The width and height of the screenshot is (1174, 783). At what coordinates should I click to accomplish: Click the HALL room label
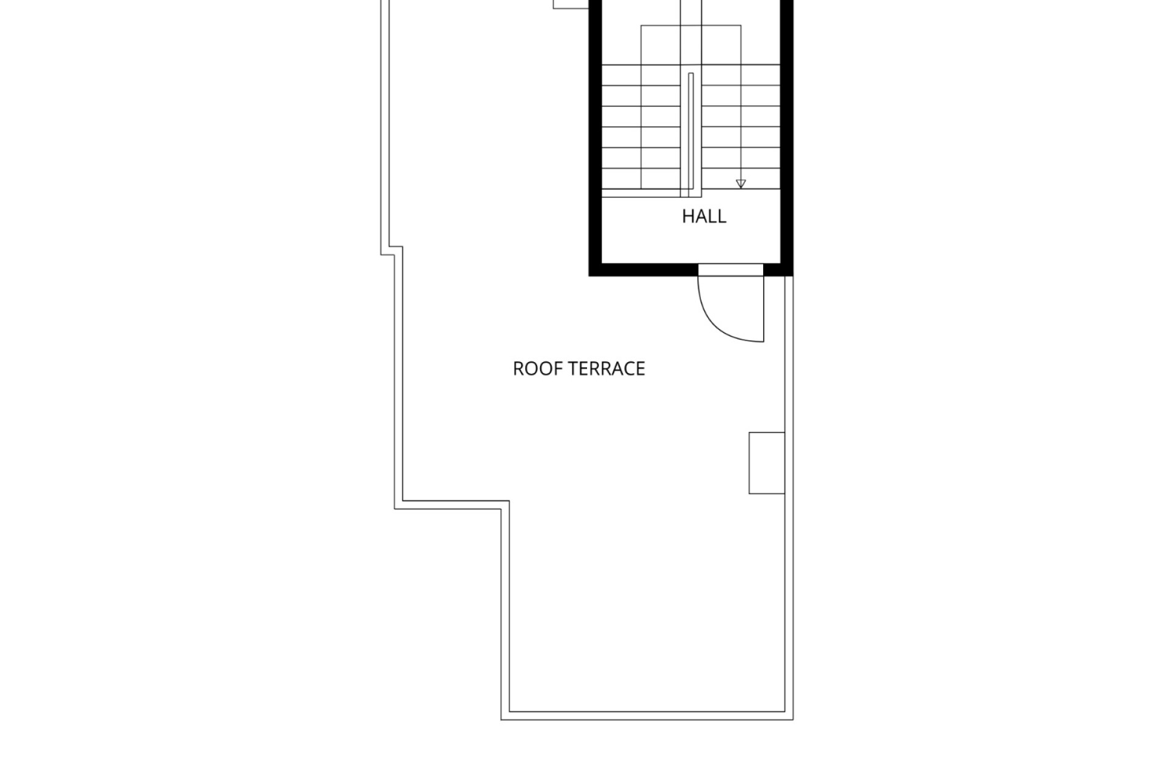pyautogui.click(x=704, y=217)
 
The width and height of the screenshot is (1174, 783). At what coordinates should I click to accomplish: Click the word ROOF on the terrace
pyautogui.click(x=531, y=369)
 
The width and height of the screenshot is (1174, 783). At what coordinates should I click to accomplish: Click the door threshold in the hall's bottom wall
pyautogui.click(x=731, y=270)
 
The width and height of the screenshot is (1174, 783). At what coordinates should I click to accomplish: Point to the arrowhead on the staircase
pyautogui.click(x=741, y=184)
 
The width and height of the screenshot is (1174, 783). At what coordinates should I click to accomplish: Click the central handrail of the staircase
pyautogui.click(x=691, y=135)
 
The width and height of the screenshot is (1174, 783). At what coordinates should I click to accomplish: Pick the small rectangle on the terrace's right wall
pyautogui.click(x=767, y=463)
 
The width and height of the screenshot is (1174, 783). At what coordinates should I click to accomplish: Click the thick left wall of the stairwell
pyautogui.click(x=596, y=138)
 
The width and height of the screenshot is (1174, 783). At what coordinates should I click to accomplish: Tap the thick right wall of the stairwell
pyautogui.click(x=787, y=138)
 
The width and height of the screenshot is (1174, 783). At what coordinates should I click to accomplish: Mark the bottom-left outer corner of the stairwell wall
pyautogui.click(x=589, y=275)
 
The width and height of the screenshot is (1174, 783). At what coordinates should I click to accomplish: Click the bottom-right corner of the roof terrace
pyautogui.click(x=793, y=719)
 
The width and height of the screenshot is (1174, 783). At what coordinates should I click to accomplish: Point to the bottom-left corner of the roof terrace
pyautogui.click(x=501, y=719)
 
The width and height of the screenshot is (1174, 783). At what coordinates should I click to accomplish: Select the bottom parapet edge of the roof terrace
pyautogui.click(x=647, y=716)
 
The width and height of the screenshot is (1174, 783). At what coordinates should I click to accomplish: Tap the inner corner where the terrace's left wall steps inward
pyautogui.click(x=509, y=501)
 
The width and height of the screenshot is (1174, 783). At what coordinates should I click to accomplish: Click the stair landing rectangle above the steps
pyautogui.click(x=691, y=45)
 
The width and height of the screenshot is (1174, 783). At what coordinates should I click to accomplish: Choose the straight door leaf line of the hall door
pyautogui.click(x=764, y=309)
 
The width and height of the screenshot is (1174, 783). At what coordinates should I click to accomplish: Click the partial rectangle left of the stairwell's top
pyautogui.click(x=571, y=4)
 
